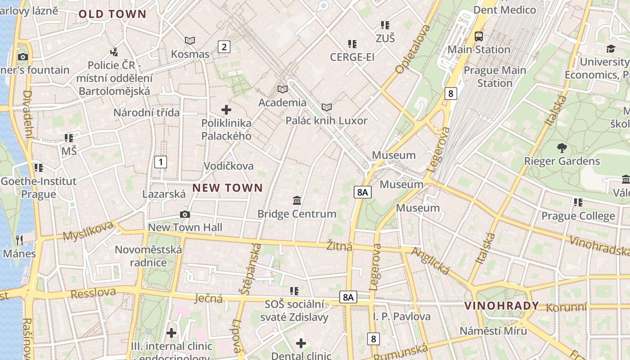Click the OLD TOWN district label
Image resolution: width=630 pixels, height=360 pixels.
point(112,14)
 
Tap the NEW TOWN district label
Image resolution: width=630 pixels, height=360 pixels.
point(228,188)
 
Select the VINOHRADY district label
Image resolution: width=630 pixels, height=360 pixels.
point(501,306)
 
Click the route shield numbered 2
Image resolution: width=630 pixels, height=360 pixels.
point(224,46)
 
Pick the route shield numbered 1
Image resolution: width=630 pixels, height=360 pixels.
point(161,162)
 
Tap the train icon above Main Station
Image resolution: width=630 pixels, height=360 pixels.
point(479,36)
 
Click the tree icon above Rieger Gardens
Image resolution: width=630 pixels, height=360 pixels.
point(562,148)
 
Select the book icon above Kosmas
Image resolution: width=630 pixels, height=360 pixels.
point(190,41)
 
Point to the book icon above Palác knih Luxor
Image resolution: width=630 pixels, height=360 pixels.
point(327,108)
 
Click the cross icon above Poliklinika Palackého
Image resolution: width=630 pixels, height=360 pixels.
point(226,110)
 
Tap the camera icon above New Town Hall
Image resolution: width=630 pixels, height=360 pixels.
point(184,215)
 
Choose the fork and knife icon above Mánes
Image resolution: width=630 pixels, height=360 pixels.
point(19,240)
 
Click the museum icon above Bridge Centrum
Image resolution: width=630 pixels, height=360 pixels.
point(297,200)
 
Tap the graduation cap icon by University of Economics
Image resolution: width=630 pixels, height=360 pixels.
point(611,49)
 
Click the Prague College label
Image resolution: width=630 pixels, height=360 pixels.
point(578,216)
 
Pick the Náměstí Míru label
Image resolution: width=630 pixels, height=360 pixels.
point(493,331)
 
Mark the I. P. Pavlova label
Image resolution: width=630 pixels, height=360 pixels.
point(401,316)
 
